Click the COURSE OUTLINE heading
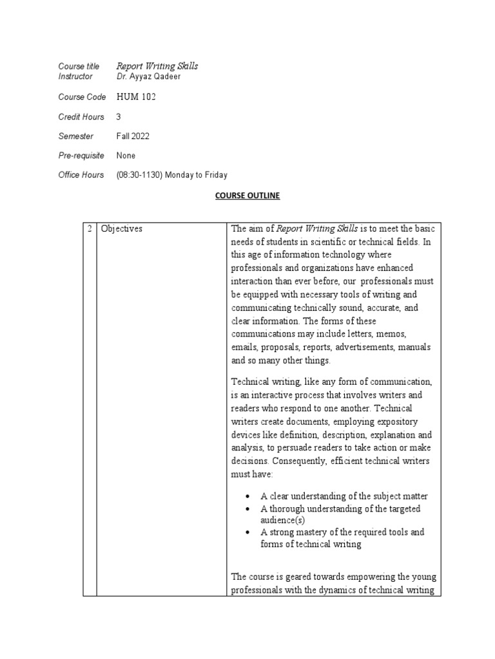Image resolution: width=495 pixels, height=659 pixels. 247,195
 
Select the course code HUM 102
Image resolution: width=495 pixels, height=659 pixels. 136,97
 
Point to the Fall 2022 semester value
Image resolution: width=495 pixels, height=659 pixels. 132,136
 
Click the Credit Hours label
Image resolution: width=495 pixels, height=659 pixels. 80,116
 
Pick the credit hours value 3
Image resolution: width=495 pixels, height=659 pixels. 119,116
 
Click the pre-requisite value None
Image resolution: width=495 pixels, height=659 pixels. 126,156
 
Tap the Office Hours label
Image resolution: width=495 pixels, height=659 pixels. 81,175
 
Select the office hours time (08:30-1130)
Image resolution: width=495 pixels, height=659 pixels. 141,175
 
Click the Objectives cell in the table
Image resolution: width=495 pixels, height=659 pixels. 122,228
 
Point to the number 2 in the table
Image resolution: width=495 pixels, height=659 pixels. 90,228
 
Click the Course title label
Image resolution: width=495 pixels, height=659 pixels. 79,66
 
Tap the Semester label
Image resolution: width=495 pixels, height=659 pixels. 75,136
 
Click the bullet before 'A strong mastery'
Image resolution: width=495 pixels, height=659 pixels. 249,533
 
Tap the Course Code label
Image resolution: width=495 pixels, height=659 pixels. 81,97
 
